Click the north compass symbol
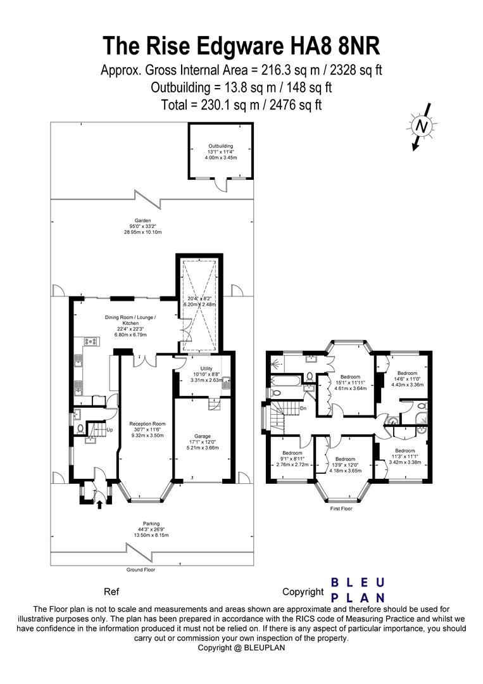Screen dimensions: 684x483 click(x=420, y=127)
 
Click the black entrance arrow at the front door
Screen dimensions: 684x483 click(x=98, y=504)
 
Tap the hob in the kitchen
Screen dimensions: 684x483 click(x=91, y=342)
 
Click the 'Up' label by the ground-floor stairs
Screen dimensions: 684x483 click(x=110, y=431)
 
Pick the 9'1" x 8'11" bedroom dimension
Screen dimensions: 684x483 click(x=292, y=460)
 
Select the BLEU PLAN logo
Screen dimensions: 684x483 click(x=359, y=590)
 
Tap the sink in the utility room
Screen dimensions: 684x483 click(x=225, y=382)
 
